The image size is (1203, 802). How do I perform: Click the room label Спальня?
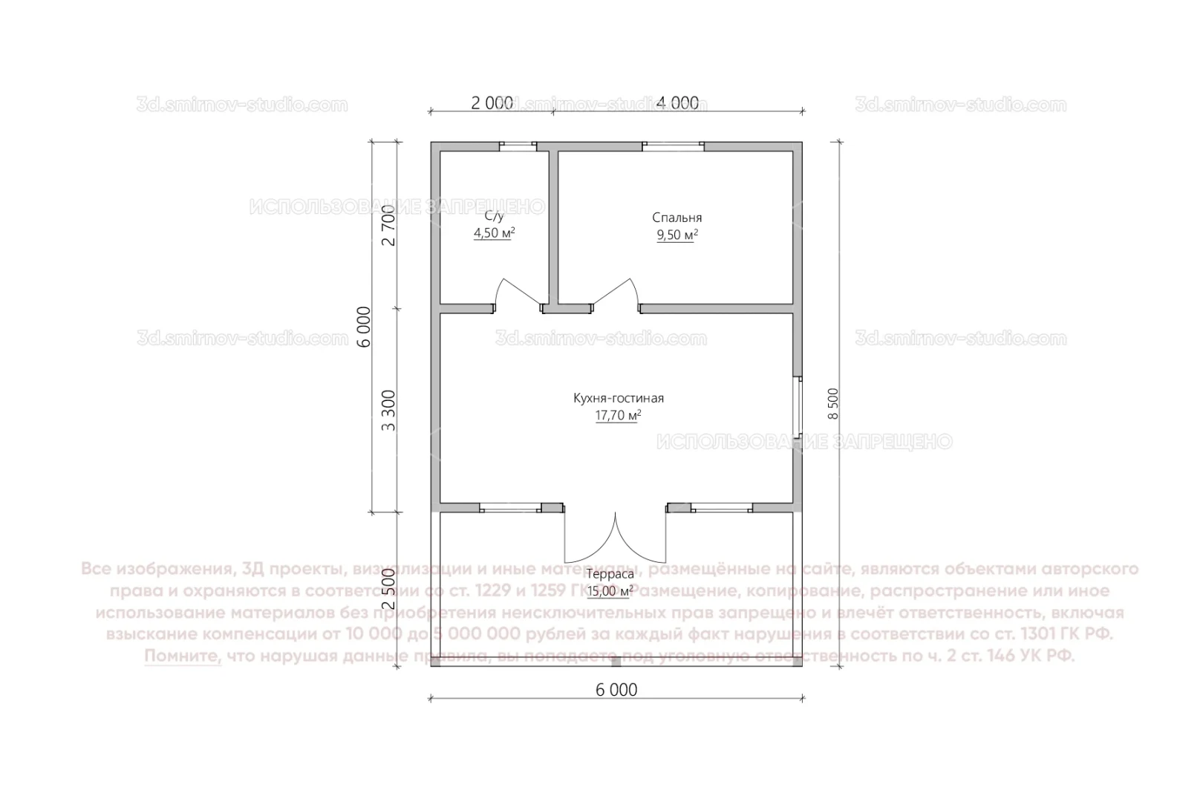pos(677,218)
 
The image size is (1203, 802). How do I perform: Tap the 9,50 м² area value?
pos(677,235)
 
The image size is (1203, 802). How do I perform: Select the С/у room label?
pos(494,216)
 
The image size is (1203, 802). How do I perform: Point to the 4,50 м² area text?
pos(494,233)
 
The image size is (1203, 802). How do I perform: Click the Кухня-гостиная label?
pos(618,398)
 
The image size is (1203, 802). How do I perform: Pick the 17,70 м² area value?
pos(618,416)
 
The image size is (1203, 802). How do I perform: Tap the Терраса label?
pos(610,574)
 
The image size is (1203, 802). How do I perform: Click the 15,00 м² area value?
pos(610,592)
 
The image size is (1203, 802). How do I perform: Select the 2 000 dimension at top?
pos(491,103)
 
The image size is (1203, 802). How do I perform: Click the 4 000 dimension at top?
pos(678,103)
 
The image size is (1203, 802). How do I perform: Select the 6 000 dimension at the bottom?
pos(616,690)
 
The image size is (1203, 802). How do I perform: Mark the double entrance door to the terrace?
pos(615,538)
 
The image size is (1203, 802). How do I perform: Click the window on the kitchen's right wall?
pos(798,407)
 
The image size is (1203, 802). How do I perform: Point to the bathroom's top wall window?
pos(518,146)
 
